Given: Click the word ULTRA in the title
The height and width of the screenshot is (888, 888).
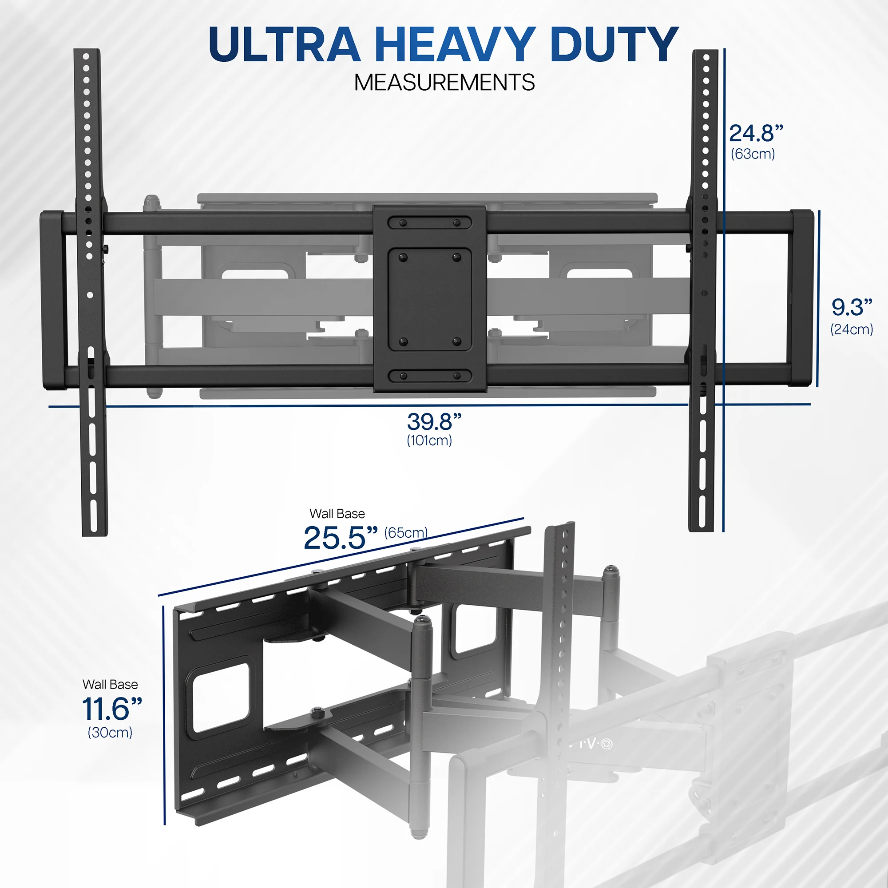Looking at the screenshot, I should pyautogui.click(x=284, y=44).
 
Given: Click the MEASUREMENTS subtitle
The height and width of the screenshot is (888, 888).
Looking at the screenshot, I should pyautogui.click(x=444, y=83).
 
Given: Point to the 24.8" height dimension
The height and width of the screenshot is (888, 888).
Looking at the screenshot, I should pyautogui.click(x=756, y=133).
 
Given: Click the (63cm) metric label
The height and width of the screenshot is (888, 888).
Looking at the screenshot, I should pyautogui.click(x=753, y=154).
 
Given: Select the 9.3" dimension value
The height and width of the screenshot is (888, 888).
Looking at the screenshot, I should pyautogui.click(x=852, y=307).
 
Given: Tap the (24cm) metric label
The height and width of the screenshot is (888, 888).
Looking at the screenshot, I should pyautogui.click(x=852, y=329).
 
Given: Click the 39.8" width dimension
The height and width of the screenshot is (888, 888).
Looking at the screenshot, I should pyautogui.click(x=434, y=421).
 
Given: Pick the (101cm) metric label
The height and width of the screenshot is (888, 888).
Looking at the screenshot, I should pyautogui.click(x=429, y=441).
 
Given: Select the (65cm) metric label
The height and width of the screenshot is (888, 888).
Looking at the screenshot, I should pyautogui.click(x=406, y=533).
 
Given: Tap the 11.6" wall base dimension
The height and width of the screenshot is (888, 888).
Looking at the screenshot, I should pyautogui.click(x=112, y=709).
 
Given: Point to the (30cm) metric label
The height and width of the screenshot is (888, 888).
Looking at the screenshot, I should pyautogui.click(x=110, y=732).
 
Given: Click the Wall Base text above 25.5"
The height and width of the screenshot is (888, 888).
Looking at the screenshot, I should pyautogui.click(x=337, y=513).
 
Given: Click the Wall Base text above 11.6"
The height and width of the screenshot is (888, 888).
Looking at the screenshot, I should pyautogui.click(x=110, y=684).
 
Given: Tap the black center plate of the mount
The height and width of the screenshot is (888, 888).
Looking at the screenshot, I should pyautogui.click(x=430, y=299).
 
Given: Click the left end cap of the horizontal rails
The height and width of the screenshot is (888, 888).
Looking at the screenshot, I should pyautogui.click(x=53, y=300).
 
